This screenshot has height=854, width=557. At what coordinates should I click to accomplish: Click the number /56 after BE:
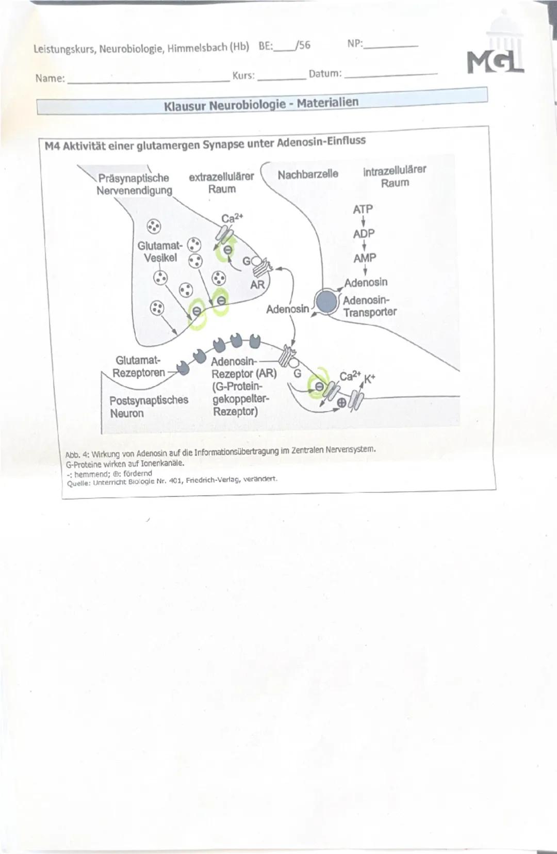click(303, 45)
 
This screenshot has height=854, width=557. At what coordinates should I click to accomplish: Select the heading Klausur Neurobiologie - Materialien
click(261, 105)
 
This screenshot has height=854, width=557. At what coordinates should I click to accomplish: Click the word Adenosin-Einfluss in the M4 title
click(321, 141)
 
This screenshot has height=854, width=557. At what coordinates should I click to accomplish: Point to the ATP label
click(363, 210)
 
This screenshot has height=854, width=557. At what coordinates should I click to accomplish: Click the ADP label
click(364, 234)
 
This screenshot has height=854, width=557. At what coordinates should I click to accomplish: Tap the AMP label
click(365, 257)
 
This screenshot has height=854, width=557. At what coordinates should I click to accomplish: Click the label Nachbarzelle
click(308, 174)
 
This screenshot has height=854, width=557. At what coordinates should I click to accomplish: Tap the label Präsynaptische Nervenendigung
click(134, 184)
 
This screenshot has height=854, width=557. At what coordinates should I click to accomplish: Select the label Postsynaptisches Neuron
click(149, 407)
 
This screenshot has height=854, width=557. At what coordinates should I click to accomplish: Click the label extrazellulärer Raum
click(221, 183)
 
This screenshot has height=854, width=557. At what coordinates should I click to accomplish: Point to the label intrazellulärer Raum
click(395, 176)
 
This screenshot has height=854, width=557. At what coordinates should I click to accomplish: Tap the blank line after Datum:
click(390, 74)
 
